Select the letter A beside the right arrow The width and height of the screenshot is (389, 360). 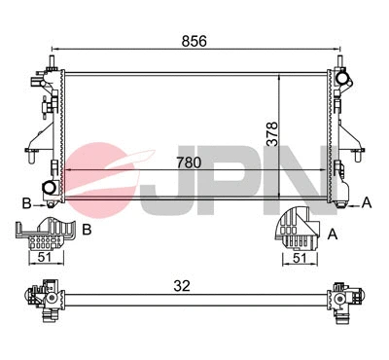pos(368,202)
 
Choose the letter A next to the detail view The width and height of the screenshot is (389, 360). pos(334,234)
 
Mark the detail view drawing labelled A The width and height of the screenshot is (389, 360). pos(297,230)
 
